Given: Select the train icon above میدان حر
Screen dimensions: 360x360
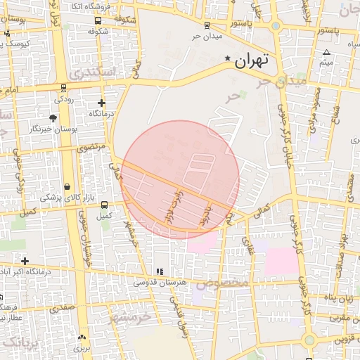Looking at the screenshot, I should click(198, 25).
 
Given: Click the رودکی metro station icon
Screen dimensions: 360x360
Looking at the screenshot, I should click(64, 89).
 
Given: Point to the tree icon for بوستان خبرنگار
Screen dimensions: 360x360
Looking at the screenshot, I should click(53, 118).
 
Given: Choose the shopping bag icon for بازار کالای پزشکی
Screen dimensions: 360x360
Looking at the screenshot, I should click(67, 187).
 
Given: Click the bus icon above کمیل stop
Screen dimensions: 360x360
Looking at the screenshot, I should click(104, 205).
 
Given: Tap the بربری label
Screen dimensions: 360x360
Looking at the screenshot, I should click(82, 348).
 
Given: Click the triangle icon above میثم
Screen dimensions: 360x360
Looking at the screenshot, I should click(326, 53).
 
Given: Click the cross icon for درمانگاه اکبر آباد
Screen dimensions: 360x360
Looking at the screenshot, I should click(25, 261).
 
